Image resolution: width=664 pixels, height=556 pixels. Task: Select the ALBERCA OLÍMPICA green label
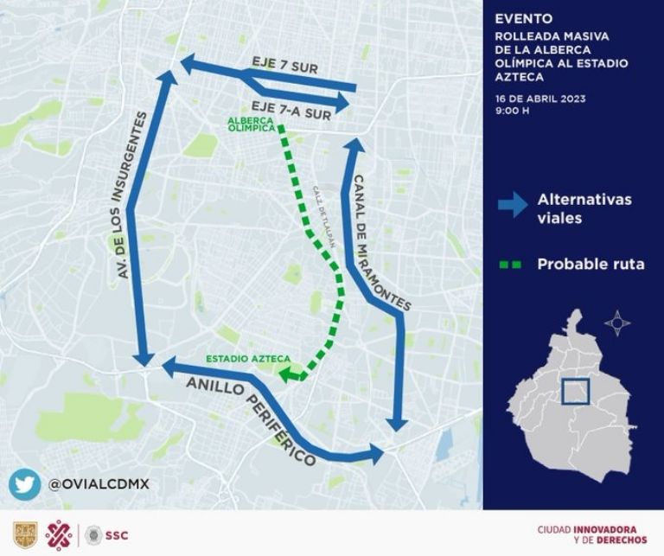[252, 124]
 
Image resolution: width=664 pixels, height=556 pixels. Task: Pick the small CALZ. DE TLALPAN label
[322, 217]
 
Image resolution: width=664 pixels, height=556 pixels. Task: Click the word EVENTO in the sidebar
[520, 17]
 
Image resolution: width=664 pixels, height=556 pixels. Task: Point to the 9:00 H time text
[512, 112]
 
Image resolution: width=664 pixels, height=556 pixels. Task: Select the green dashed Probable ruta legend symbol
[510, 265]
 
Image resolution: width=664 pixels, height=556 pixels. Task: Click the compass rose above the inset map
[616, 324]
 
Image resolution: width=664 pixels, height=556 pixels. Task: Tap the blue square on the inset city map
[574, 392]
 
